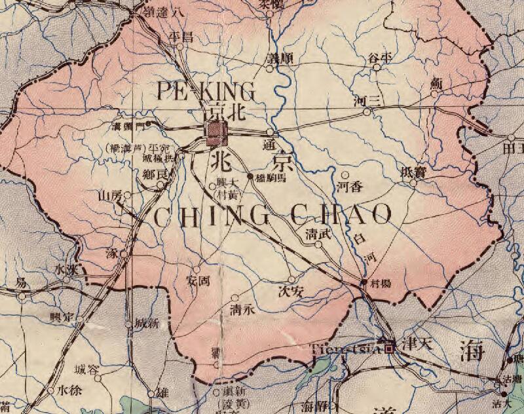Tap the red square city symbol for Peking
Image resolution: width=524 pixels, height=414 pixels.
(215, 133)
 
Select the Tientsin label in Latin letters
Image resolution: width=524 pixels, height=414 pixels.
(346, 347)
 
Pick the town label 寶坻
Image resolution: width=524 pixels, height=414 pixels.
(412, 172)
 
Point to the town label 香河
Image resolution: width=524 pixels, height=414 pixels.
(349, 187)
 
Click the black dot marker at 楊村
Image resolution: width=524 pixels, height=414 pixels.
(365, 282)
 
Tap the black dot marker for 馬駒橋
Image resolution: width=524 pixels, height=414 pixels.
(250, 176)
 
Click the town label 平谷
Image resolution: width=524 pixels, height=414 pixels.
(381, 57)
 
